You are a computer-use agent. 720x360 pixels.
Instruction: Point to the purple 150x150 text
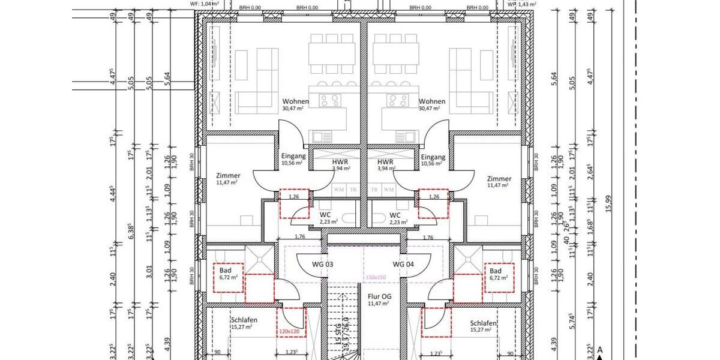pyautogui.click(x=377, y=277)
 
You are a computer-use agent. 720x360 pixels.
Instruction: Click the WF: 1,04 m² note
pyautogui.click(x=203, y=4)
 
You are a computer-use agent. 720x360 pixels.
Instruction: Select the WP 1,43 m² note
pyautogui.click(x=520, y=4)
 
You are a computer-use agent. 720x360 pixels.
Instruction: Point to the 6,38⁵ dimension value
pyautogui.click(x=131, y=231)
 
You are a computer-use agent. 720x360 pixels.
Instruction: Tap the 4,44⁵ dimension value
pyautogui.click(x=112, y=193)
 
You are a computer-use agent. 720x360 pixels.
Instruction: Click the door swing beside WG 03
pyautogui.click(x=310, y=262)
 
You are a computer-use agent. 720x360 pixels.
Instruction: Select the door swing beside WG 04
pyautogui.click(x=418, y=262)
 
